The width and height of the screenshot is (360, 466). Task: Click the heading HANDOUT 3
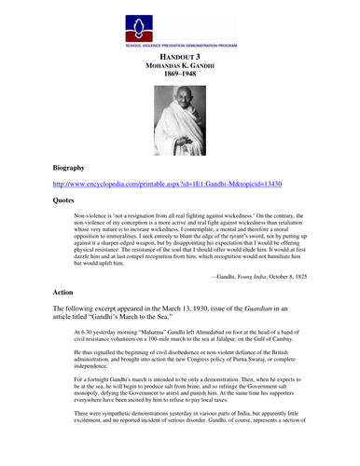pyautogui.click(x=180, y=58)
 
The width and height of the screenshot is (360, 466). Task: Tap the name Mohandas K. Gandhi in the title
pyautogui.click(x=180, y=68)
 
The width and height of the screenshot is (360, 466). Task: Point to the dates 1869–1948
pyautogui.click(x=180, y=78)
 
